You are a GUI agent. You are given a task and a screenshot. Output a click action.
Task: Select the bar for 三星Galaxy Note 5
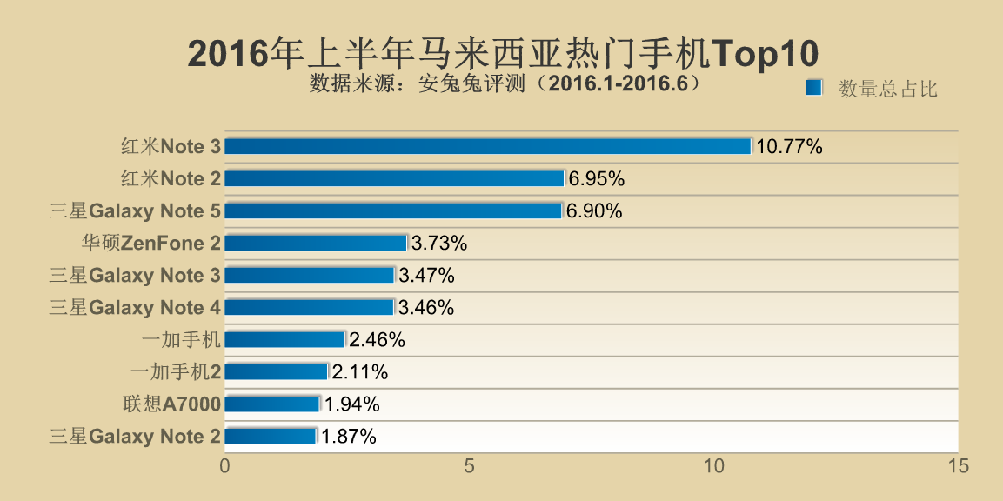point(393,210)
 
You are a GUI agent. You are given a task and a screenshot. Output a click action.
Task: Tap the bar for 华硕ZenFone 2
point(316,243)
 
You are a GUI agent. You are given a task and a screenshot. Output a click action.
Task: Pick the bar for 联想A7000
point(272,404)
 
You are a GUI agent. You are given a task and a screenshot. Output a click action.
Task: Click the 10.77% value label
point(789,146)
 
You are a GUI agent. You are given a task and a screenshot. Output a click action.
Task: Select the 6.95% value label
point(597,179)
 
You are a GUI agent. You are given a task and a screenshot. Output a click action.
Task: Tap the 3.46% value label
point(426,307)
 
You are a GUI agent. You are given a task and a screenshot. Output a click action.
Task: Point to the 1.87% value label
point(349,437)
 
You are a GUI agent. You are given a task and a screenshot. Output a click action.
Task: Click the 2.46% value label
point(378,340)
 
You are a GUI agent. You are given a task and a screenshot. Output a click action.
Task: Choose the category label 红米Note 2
point(171,179)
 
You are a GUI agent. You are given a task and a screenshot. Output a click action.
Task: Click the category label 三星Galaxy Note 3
point(135,276)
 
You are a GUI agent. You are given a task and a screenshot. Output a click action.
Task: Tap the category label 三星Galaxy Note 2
point(135,437)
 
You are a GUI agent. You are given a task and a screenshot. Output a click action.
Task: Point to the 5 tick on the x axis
point(469,466)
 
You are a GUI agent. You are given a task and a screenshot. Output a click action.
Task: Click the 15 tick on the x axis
point(958,466)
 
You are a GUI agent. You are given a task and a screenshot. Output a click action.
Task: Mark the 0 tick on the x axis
point(225,466)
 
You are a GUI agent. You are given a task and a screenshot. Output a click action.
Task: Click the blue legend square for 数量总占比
point(813,88)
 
